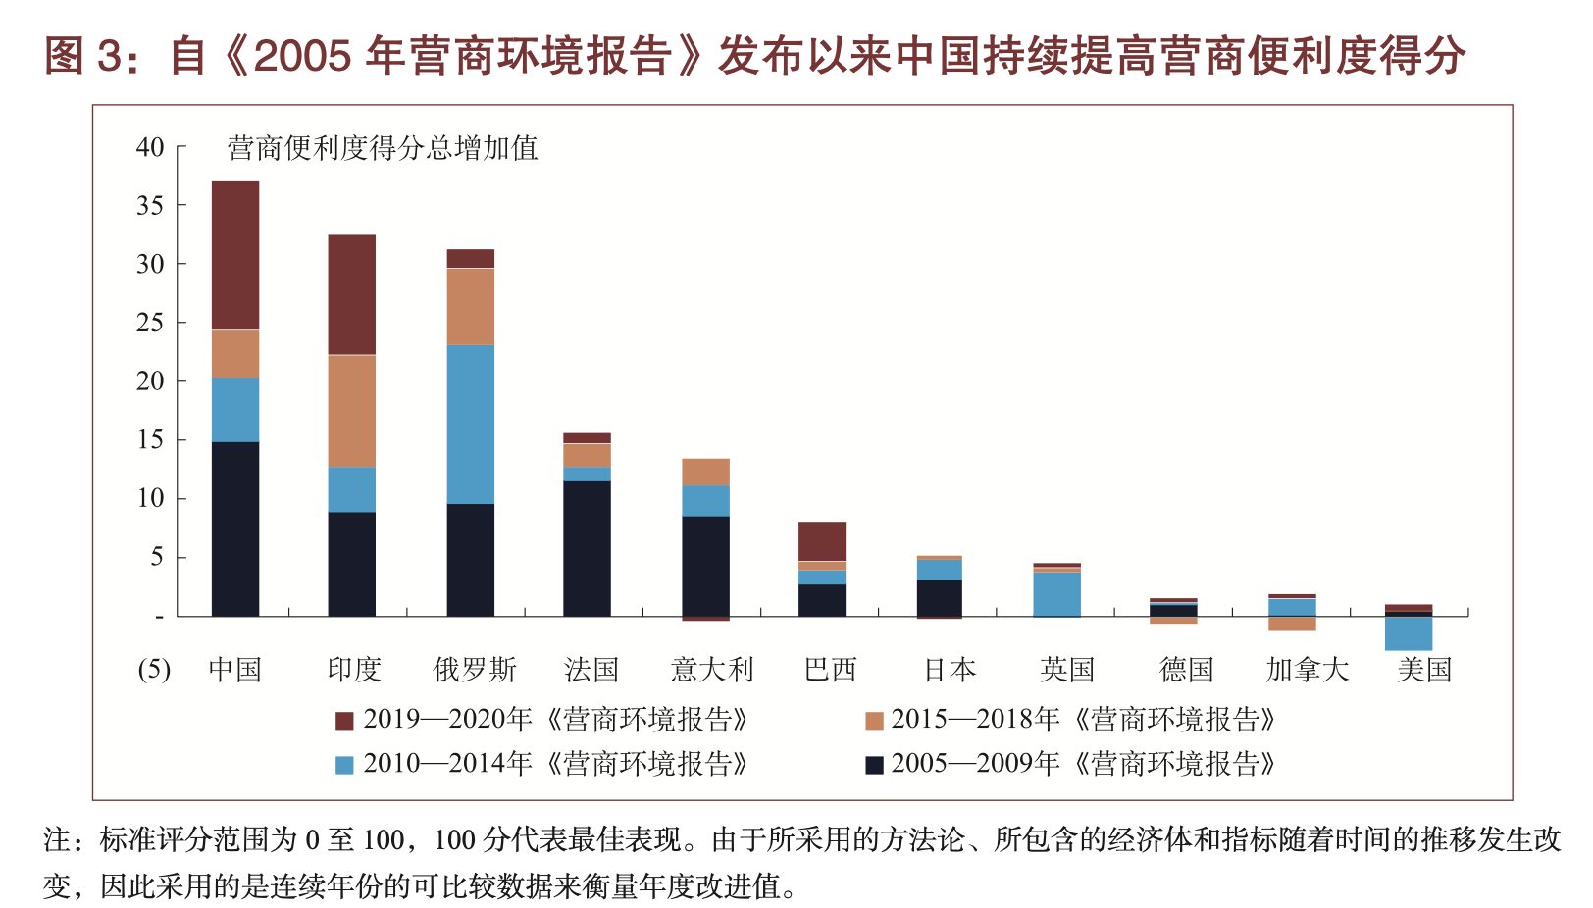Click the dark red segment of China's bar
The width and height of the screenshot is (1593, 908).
point(235,255)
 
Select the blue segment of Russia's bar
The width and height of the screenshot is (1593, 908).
point(471,424)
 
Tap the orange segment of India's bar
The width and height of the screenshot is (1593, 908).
point(352,410)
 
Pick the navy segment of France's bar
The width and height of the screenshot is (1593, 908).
point(587,548)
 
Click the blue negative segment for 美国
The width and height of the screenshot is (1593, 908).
point(1409,633)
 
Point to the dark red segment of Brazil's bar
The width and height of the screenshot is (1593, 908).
point(822,541)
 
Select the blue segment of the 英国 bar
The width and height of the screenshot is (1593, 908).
point(1057,593)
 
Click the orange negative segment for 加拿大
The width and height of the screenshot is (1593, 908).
point(1292,623)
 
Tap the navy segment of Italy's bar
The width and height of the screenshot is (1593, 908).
point(705,566)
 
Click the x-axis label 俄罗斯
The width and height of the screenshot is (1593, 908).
point(475,670)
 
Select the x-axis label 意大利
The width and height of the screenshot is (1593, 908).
point(712,670)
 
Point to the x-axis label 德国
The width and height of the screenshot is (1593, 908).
point(1186,670)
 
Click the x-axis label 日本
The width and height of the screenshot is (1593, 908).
point(950,670)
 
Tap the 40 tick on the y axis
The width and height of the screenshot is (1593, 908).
point(150,147)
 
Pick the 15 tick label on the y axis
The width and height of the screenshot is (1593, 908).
point(150,440)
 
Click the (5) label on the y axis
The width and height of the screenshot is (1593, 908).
point(154,670)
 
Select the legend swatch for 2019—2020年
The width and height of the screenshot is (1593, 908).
point(344,721)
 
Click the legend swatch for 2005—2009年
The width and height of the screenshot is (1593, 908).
point(874,765)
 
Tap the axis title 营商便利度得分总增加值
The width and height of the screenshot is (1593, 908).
point(383,148)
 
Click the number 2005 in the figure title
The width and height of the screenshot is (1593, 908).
point(301,56)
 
